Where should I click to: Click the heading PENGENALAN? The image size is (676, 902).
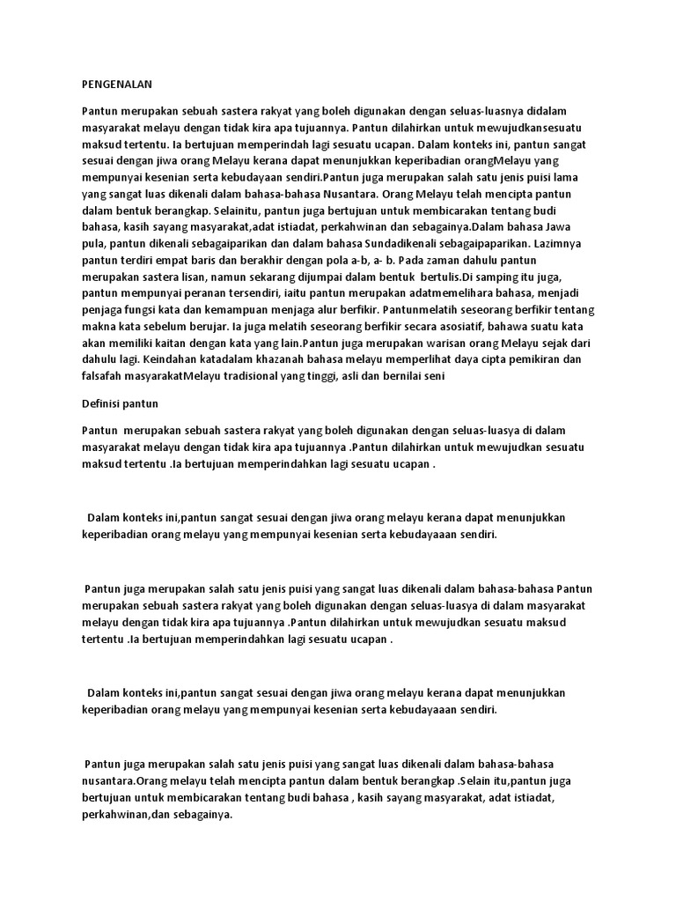pos(117,85)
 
